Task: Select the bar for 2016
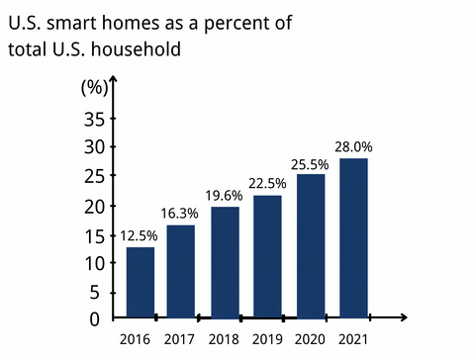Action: coord(140,283)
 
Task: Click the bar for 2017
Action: coord(180,272)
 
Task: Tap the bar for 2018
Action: coord(225,262)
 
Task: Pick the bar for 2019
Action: coord(267,257)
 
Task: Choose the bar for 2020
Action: coord(311,246)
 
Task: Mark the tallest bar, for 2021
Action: coord(353,238)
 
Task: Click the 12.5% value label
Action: coord(139,236)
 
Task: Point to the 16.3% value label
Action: coord(180,214)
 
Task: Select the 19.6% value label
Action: coord(225,195)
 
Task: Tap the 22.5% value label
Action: coord(267,183)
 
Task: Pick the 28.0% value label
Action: coord(353,147)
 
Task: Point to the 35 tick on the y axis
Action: coord(93,120)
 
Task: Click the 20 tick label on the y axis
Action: coord(93,207)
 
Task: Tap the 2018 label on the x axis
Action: coord(225,340)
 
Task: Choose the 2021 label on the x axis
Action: coord(353,340)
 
